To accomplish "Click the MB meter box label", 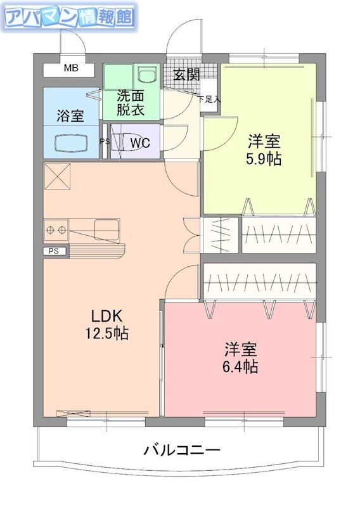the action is (71, 68).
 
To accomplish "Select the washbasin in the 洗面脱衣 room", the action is (147, 74).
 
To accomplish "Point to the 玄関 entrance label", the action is (186, 75).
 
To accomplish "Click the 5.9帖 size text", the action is (264, 159).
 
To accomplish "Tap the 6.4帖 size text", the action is (240, 366).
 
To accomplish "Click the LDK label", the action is (106, 316).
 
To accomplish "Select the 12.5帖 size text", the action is (106, 333).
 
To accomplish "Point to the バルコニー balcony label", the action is (182, 450).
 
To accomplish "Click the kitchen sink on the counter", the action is (106, 229).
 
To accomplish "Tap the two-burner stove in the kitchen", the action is (56, 230).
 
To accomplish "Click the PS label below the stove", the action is (54, 251).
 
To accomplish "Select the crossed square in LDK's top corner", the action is (57, 176).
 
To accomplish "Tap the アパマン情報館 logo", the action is (69, 17).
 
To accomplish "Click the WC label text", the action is (140, 142).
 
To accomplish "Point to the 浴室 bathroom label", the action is (70, 115).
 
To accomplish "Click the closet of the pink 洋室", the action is (260, 281).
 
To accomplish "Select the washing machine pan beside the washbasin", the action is (119, 76).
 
